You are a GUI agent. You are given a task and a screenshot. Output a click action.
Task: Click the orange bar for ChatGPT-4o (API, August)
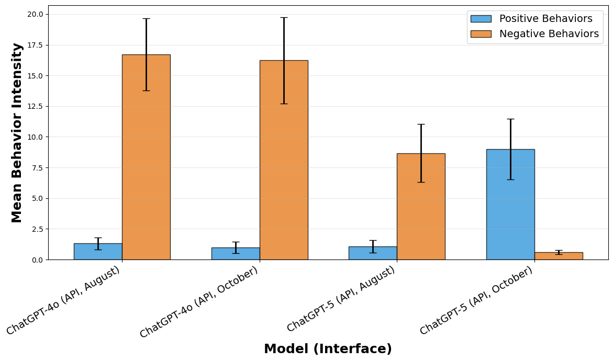[146, 157]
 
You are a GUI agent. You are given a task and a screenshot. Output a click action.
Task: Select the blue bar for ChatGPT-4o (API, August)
[98, 252]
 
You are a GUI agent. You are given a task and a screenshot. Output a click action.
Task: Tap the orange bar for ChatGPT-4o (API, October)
[284, 160]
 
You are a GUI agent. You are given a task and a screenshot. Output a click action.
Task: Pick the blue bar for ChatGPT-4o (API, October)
[236, 254]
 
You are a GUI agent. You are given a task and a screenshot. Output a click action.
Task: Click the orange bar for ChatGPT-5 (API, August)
[421, 207]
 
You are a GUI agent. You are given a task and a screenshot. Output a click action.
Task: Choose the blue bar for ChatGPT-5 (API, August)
[373, 253]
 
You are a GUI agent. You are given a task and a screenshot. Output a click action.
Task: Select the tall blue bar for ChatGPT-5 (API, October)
[510, 204]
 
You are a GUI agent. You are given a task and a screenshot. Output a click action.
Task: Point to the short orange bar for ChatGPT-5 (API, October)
[559, 256]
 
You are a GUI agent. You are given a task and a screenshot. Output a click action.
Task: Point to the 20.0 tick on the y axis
[35, 14]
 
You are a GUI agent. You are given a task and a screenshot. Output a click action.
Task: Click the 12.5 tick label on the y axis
[35, 106]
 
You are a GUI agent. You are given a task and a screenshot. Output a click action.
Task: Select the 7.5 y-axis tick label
[37, 167]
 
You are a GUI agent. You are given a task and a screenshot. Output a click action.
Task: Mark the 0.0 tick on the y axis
[37, 260]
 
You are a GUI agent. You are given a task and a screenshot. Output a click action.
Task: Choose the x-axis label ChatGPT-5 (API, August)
[341, 299]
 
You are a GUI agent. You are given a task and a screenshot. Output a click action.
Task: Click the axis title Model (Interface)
[328, 349]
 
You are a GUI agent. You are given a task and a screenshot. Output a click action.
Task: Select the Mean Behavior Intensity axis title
[17, 132]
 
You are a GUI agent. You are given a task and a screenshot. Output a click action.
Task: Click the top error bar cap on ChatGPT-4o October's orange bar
[284, 17]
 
